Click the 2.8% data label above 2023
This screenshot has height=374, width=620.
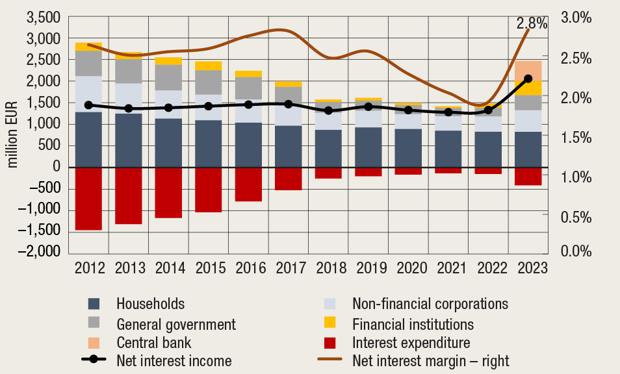[532, 24]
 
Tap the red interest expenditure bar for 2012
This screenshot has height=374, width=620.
[88, 198]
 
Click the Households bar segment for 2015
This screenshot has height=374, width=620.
[209, 143]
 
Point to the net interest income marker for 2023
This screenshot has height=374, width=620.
[528, 79]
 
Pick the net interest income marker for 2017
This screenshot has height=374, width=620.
[289, 104]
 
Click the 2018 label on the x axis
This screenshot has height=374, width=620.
[328, 268]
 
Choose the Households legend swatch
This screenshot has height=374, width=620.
[94, 304]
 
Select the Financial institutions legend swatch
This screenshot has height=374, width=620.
[329, 323]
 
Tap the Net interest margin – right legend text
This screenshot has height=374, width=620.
[431, 360]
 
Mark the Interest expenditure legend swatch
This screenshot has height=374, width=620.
[329, 342]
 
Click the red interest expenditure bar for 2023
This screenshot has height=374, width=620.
[528, 176]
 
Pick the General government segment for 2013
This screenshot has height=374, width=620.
[129, 71]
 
